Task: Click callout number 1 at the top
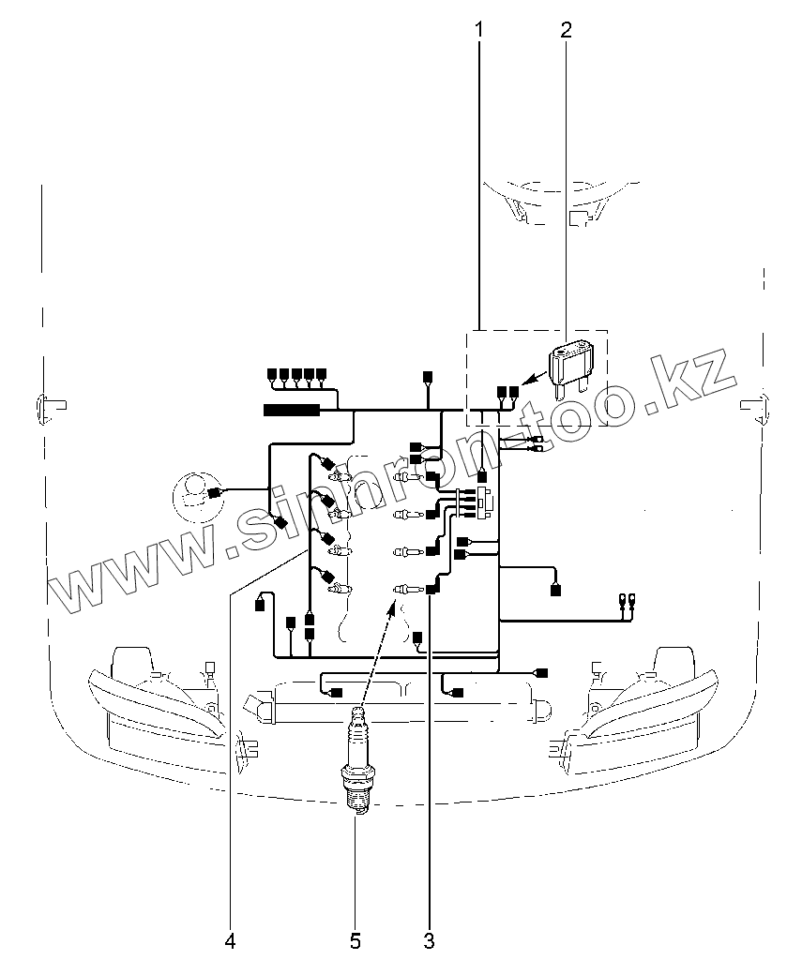(479, 29)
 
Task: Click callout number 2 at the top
(565, 29)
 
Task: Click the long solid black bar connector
(291, 410)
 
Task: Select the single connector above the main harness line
(428, 377)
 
